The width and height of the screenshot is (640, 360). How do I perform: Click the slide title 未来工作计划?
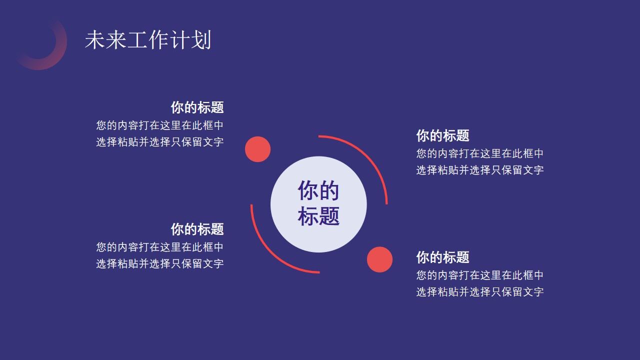(148, 40)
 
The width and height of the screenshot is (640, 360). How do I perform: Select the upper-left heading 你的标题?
(197, 107)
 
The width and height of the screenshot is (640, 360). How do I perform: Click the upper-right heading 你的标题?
(442, 135)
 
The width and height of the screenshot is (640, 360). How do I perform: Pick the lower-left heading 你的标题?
(197, 229)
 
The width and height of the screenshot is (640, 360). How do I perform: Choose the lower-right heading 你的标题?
(442, 257)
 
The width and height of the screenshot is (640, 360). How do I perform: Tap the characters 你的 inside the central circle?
(318, 190)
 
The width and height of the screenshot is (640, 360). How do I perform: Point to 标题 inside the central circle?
(318, 216)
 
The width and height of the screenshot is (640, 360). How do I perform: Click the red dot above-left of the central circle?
(257, 149)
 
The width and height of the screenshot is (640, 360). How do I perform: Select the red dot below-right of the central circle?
(379, 259)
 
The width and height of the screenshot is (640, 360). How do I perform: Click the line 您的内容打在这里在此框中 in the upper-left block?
(160, 125)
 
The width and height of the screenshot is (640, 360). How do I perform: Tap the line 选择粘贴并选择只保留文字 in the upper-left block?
(160, 141)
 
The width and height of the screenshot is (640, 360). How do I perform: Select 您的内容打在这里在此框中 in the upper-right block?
(480, 153)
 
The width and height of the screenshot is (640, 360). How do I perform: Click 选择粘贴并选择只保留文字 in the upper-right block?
(480, 169)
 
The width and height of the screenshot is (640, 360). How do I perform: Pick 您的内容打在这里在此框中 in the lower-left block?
(160, 247)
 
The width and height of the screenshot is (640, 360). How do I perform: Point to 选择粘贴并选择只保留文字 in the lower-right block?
(480, 291)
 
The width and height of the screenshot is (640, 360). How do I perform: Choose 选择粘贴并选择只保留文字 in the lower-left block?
(160, 263)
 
